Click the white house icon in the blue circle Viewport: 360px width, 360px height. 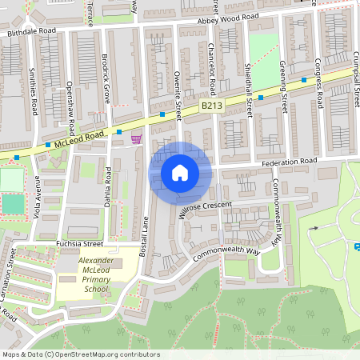click(180, 173)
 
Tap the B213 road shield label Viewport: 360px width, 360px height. click(210, 105)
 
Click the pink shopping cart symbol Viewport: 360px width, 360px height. click(136, 139)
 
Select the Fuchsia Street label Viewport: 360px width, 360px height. click(80, 242)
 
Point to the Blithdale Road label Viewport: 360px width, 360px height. click(32, 31)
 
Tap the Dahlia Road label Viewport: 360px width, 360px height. click(109, 185)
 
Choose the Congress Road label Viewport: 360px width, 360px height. click(319, 85)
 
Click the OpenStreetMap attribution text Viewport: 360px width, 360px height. click(81, 354)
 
